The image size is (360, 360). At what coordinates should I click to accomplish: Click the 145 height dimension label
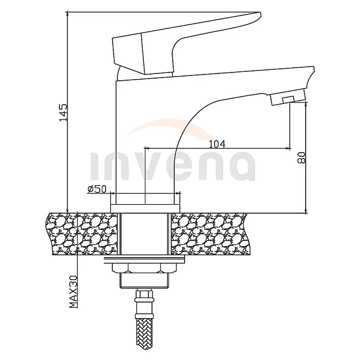click(x=64, y=113)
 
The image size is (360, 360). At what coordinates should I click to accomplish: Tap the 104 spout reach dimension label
click(x=217, y=144)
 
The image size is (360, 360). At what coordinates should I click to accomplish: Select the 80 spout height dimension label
click(x=302, y=157)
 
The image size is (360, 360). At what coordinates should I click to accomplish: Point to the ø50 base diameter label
click(x=97, y=189)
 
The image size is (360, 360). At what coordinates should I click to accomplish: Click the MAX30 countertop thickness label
click(x=73, y=292)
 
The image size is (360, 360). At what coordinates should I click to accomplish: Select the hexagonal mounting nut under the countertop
click(x=145, y=268)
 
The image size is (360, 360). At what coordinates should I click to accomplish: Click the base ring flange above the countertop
click(x=145, y=208)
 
